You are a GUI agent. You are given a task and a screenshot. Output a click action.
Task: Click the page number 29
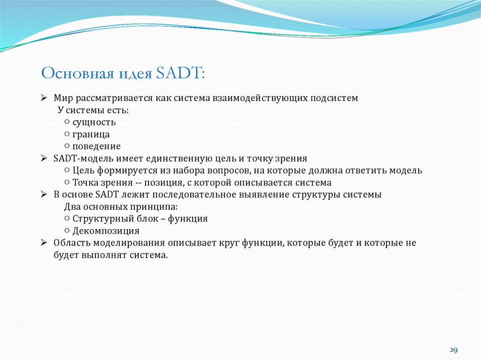(x=453, y=350)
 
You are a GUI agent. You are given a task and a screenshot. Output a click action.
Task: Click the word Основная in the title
(x=70, y=74)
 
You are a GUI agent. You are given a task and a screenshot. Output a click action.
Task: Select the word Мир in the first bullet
(x=62, y=98)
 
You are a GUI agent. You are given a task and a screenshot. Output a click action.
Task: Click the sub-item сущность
(x=94, y=123)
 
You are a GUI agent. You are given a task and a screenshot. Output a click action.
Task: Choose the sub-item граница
(x=91, y=134)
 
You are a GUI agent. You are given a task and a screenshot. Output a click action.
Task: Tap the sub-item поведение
(x=96, y=146)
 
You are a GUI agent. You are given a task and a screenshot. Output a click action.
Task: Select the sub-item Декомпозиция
(x=106, y=231)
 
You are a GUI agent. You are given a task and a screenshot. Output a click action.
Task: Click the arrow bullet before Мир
(x=44, y=98)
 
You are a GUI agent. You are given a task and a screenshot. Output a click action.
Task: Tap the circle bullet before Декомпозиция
(x=68, y=231)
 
